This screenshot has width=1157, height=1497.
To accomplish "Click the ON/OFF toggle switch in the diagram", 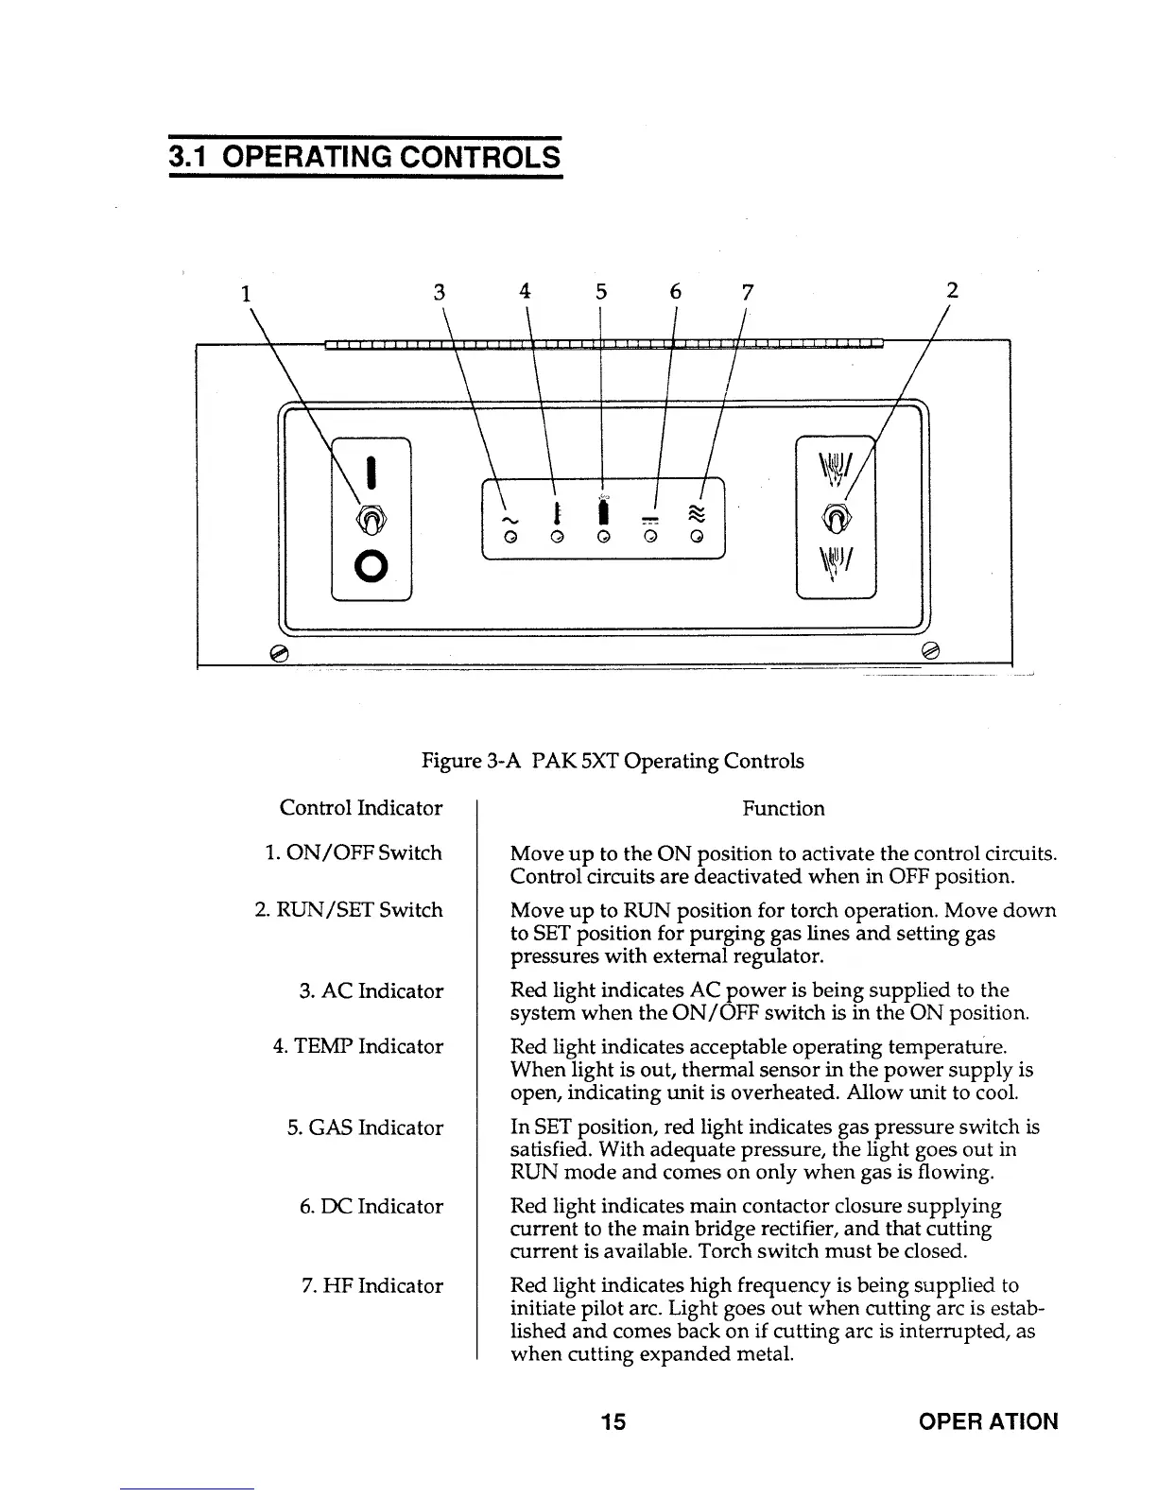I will point(371,519).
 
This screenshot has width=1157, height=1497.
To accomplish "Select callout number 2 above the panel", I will point(953,290).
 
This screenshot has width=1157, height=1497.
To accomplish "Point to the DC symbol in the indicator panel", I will point(652,519).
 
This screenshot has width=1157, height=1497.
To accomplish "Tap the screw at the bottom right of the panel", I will point(930,649).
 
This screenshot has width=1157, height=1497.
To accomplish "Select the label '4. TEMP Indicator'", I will point(358,1046).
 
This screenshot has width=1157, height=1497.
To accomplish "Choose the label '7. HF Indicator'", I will point(371,1285).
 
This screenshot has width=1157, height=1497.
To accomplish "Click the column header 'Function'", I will point(783,808).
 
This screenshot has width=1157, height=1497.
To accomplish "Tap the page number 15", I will point(613,1420).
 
